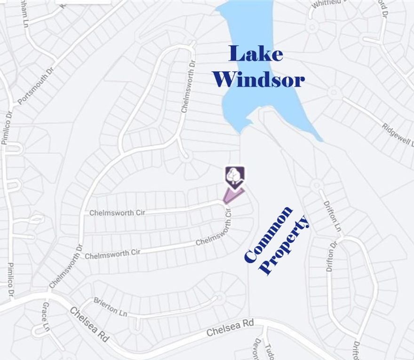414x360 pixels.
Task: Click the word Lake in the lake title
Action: point(256,54)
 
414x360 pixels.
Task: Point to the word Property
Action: point(286,245)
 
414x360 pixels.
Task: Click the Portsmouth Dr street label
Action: point(36,85)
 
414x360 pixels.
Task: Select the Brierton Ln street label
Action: point(110,306)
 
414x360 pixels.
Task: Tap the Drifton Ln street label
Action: point(332,216)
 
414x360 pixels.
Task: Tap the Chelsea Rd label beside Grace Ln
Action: point(89,324)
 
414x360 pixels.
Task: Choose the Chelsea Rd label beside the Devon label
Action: point(230,328)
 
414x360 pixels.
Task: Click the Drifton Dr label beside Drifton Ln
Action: point(330,257)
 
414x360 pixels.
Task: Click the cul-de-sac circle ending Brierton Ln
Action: point(218,297)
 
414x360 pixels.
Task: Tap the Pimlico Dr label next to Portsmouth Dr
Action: point(7,127)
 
